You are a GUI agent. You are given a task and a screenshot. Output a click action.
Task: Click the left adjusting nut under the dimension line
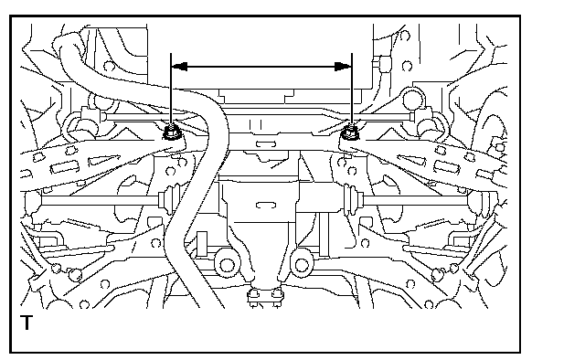coord(171,132)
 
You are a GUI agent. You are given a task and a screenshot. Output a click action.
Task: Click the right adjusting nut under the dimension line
coord(350,132)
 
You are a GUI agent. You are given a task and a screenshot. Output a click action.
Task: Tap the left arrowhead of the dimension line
coord(179,67)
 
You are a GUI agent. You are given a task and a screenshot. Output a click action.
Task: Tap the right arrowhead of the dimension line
coord(343,67)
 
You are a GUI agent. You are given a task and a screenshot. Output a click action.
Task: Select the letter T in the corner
coord(27,323)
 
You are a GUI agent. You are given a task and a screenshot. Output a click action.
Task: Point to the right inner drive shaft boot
coord(353,200)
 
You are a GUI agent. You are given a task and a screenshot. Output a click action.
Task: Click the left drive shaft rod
coord(100,200)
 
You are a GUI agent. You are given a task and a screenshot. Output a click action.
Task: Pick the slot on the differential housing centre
coord(266,205)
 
